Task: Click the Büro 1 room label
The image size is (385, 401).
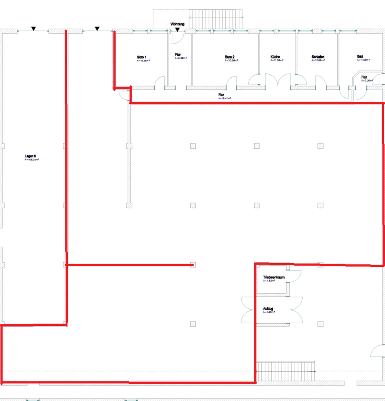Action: click(x=142, y=57)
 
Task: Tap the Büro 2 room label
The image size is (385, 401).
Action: click(x=230, y=57)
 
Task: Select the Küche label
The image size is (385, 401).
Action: click(x=275, y=57)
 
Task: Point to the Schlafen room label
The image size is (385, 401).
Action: click(x=318, y=57)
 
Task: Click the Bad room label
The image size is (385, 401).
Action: click(x=360, y=56)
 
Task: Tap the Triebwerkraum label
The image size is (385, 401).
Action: click(x=274, y=277)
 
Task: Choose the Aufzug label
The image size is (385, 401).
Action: click(x=268, y=308)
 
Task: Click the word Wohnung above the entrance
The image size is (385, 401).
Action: click(x=178, y=24)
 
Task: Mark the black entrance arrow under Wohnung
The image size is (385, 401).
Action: click(x=178, y=30)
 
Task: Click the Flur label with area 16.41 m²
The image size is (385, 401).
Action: click(x=221, y=95)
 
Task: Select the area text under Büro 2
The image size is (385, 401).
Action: click(x=231, y=61)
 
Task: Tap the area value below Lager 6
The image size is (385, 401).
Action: click(x=32, y=160)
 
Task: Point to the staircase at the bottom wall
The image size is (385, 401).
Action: click(x=285, y=371)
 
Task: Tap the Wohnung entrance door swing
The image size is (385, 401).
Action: click(x=176, y=38)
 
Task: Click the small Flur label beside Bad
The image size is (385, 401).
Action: click(x=364, y=77)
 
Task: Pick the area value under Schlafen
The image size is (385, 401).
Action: click(x=318, y=61)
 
